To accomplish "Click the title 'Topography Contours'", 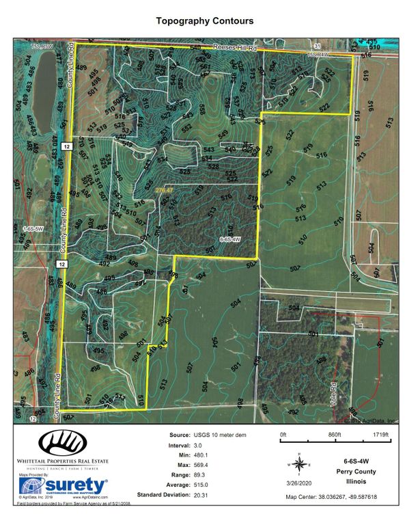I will click(204, 22).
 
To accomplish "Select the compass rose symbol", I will click(299, 463).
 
